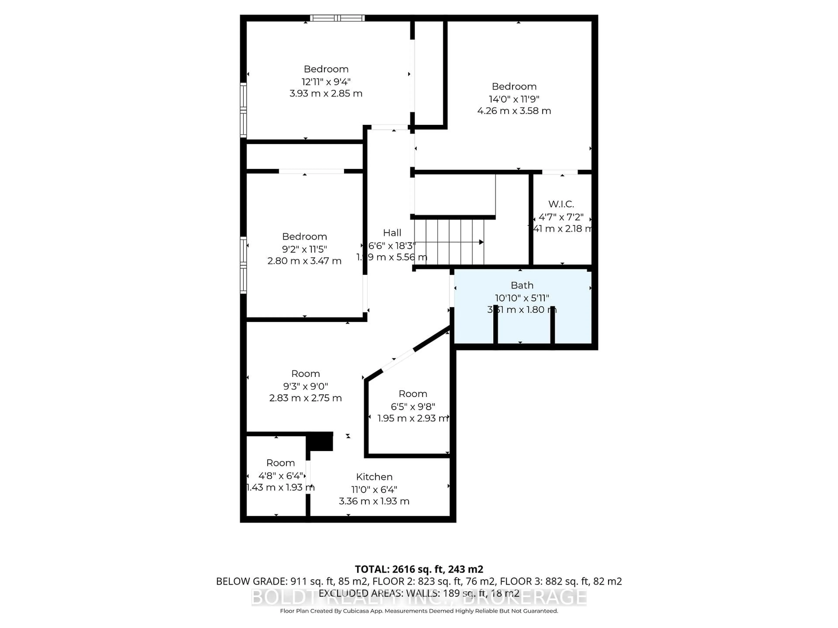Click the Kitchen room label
point(374,477)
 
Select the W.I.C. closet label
point(561,204)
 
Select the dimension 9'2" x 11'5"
point(304,249)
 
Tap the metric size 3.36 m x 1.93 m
point(374,501)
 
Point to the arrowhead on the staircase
point(481,242)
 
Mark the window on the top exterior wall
point(337,18)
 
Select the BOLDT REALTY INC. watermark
point(419,597)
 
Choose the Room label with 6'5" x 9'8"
point(412,394)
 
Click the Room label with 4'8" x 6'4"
point(280,462)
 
